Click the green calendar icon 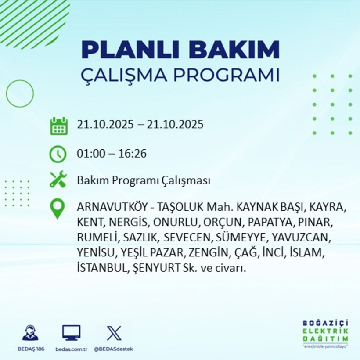coord(58,126)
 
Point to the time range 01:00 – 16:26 coord(112,154)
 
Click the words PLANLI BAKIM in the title coord(180,50)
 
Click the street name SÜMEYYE coord(241,238)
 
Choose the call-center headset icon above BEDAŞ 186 coord(30,333)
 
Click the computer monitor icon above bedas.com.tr coord(71,333)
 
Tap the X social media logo coord(114,333)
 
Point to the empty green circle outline coord(20,94)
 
